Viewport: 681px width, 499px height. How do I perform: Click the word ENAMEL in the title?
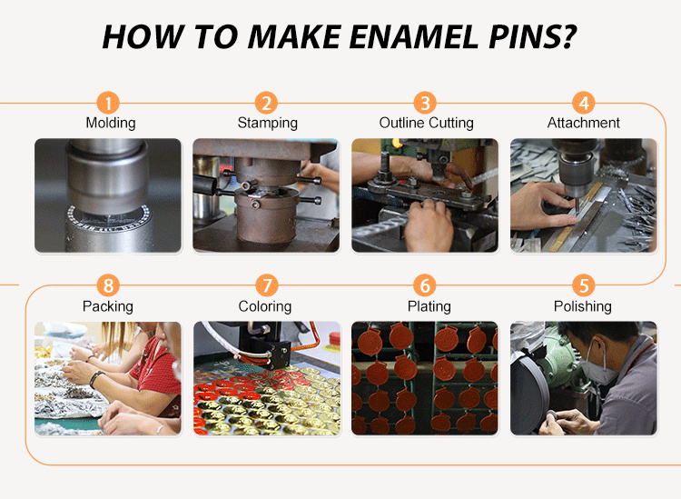[413, 36]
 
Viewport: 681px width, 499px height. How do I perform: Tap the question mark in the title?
[566, 36]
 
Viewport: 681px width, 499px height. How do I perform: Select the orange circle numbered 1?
[108, 103]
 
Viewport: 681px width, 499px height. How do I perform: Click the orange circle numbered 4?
[583, 103]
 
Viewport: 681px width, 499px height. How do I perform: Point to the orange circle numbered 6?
[425, 285]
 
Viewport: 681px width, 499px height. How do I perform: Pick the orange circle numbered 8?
[108, 285]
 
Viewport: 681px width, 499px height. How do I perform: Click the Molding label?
[111, 123]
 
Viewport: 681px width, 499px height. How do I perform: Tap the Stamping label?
[268, 123]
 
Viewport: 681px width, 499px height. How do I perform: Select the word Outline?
[401, 123]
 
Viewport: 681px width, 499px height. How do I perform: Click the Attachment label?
[583, 123]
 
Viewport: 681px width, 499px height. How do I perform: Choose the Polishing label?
[583, 306]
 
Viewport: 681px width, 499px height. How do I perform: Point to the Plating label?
[429, 306]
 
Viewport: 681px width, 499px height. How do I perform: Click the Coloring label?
[265, 306]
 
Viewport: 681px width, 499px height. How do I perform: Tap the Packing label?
[108, 306]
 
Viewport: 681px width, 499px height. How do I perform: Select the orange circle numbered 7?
[266, 285]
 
